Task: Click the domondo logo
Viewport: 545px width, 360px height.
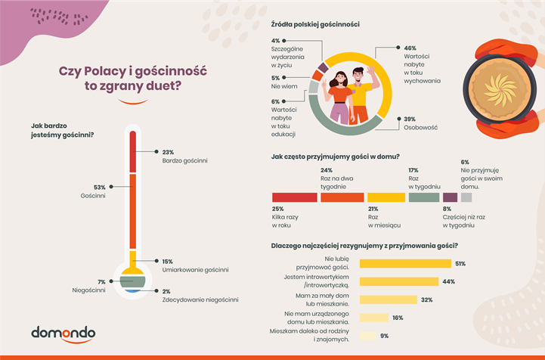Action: tap(63, 332)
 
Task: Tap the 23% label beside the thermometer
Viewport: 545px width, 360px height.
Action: tap(168, 151)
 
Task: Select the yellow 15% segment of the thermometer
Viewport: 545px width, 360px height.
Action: tap(132, 261)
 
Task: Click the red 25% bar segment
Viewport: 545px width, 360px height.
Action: tap(294, 197)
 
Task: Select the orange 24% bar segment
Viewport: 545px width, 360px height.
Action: tap(341, 197)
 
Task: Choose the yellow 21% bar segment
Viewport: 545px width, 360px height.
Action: tap(386, 197)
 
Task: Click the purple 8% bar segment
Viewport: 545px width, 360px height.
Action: tap(449, 197)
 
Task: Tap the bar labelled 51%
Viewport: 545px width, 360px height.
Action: tap(404, 264)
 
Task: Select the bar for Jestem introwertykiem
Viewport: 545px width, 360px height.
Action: tap(398, 281)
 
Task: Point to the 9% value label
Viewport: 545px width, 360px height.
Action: tap(384, 336)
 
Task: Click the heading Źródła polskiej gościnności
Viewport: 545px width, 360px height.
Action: tap(314, 25)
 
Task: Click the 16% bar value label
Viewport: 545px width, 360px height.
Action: tap(398, 318)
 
